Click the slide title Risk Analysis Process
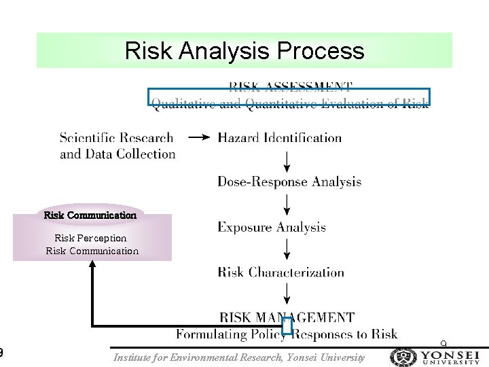point(244,51)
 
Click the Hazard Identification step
point(279,138)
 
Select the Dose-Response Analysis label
point(289,181)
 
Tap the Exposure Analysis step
point(271,228)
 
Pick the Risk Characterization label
point(280,273)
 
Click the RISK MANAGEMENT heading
point(287,317)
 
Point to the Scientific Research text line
point(116,138)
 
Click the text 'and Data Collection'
point(117,154)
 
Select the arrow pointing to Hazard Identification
point(198,138)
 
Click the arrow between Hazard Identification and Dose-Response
point(287,160)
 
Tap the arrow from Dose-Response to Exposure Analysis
point(287,205)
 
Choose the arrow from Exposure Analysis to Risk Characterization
point(287,249)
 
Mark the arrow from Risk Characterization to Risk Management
point(287,294)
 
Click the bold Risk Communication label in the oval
point(90,215)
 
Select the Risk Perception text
point(90,238)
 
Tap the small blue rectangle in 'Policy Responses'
point(287,326)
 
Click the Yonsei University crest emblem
point(403,357)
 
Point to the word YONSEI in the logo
point(450,354)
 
